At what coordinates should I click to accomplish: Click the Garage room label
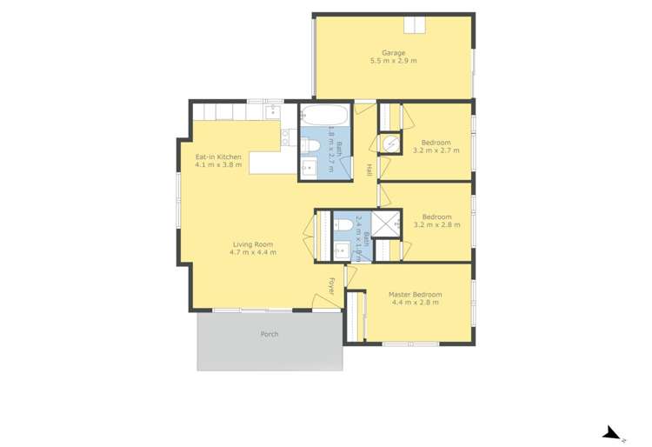click(394, 53)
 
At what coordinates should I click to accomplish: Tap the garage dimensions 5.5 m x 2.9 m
click(394, 62)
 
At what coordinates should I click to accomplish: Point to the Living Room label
click(253, 244)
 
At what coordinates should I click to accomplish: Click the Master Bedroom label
click(415, 294)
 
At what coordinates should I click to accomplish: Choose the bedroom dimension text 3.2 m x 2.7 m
click(436, 150)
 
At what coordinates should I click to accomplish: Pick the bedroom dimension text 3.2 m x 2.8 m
click(436, 224)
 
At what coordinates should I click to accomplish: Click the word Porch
click(269, 334)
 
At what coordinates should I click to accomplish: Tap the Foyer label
click(331, 285)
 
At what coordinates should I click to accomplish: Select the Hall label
click(369, 170)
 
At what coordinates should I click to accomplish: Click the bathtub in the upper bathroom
click(325, 117)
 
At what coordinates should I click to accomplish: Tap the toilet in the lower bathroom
click(343, 224)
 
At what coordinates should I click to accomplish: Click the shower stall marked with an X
click(389, 223)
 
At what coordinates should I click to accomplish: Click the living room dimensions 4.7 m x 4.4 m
click(253, 253)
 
